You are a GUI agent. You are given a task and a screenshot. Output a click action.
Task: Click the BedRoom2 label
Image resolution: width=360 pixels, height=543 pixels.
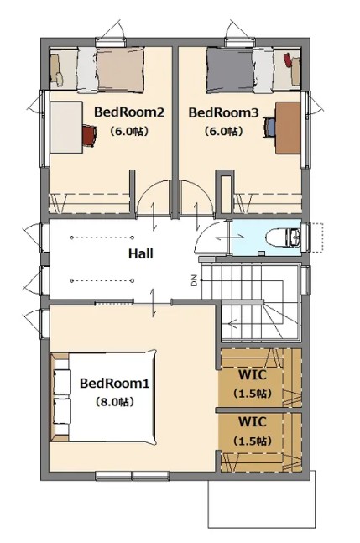coord(129,112)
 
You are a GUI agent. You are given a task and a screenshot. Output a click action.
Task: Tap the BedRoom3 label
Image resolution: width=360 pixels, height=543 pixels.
coord(223,112)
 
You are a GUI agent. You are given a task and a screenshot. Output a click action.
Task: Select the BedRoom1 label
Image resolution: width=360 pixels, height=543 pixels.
coord(115,384)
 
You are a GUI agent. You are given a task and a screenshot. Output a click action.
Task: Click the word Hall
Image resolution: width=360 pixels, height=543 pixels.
coord(141,253)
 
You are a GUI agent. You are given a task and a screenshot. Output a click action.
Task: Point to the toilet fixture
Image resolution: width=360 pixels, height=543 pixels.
coord(283,238)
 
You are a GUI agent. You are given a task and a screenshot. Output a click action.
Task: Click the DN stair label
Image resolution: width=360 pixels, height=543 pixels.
coord(194,280)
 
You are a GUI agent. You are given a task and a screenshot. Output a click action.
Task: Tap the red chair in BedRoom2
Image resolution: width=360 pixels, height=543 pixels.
coord(89,135)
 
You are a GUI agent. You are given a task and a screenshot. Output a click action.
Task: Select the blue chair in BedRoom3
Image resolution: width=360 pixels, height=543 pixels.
coord(269,127)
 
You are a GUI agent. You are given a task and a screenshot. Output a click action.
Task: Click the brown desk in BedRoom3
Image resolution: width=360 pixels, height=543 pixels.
coord(288,128)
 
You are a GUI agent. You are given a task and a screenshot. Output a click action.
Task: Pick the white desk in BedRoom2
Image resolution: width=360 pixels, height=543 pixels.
coord(66,127)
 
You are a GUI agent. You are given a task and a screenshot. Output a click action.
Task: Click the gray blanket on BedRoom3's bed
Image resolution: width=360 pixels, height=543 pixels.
coord(229,70)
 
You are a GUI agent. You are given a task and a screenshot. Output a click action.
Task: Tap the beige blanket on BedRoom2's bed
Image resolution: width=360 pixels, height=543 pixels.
coord(121,70)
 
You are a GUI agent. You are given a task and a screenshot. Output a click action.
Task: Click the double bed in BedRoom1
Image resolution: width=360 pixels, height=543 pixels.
coord(104,397)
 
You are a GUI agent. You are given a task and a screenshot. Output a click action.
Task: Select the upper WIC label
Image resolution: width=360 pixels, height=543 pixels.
coord(253,374)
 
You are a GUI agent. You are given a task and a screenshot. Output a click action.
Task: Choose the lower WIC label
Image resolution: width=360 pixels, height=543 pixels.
coord(253,422)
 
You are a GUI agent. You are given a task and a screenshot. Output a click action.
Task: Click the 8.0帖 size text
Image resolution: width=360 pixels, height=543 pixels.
coord(115,402)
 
